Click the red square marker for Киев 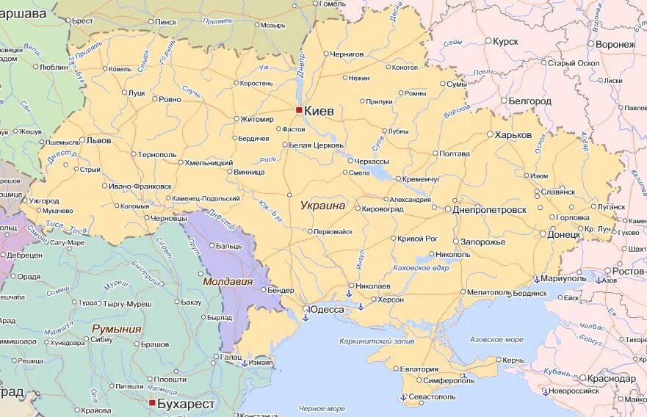(x=299, y=110)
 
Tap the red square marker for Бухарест (x=152, y=403)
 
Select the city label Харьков (x=513, y=135)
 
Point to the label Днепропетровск (x=490, y=209)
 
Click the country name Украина (x=322, y=206)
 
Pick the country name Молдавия (x=228, y=281)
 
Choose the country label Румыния (x=116, y=329)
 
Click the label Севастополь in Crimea (x=432, y=396)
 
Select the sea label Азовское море (x=496, y=340)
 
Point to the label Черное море (x=322, y=408)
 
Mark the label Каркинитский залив (x=377, y=341)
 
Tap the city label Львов (x=98, y=139)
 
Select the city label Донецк (x=564, y=235)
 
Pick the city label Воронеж (x=615, y=45)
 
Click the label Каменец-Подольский (x=206, y=198)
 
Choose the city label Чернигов (x=347, y=54)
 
